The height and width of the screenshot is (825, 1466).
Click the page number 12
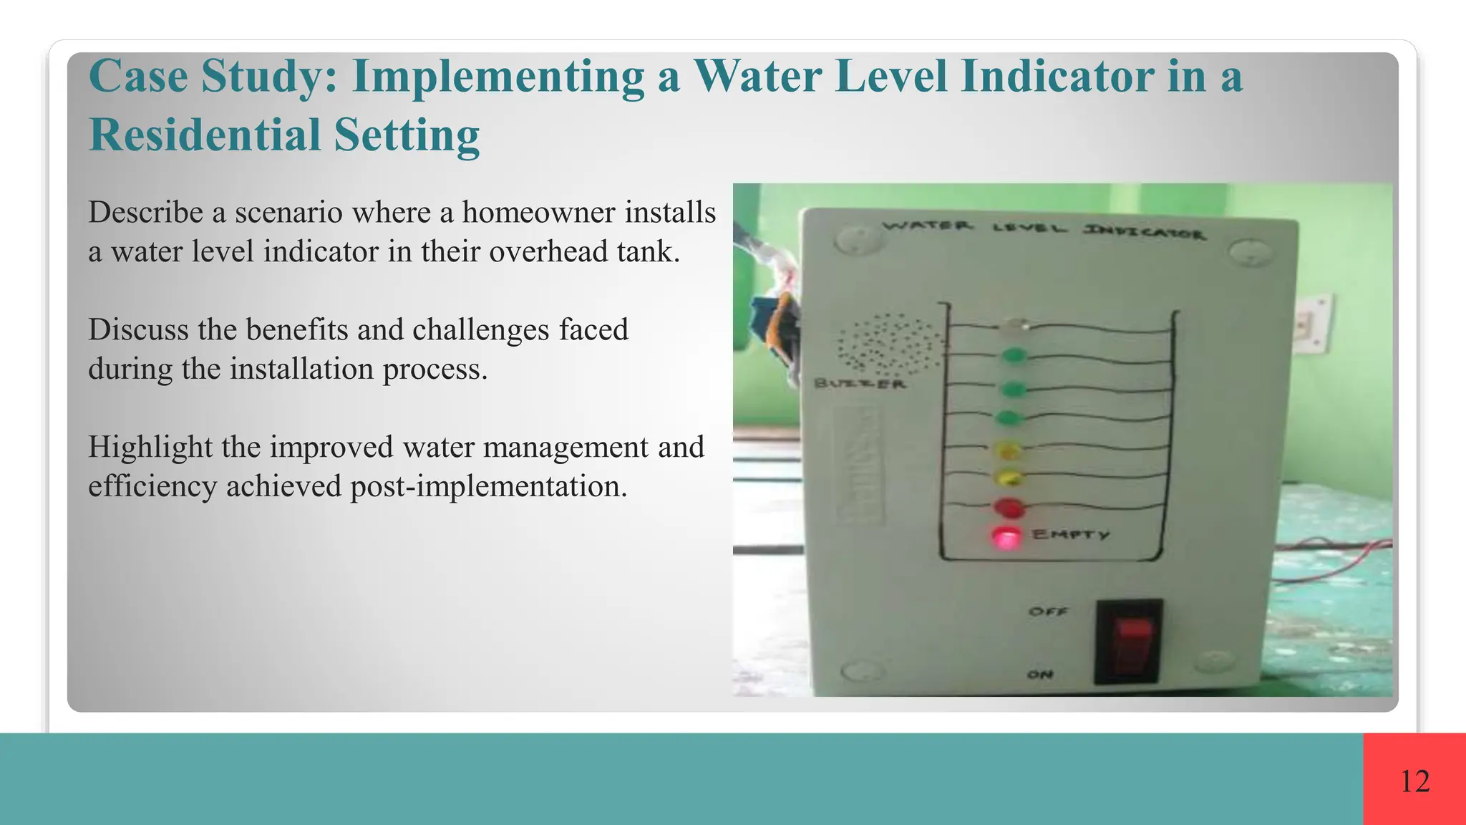coord(1414,781)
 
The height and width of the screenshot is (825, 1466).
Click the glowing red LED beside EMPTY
coord(1006,537)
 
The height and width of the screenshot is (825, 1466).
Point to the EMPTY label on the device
coord(1071,534)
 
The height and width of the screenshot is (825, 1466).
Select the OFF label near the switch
coord(1048,612)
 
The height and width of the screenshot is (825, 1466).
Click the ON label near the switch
coord(1041,675)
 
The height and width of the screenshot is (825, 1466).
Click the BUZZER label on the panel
coord(860,384)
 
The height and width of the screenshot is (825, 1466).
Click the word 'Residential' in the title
coord(205,135)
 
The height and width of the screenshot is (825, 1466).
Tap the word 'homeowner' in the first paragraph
coord(538,213)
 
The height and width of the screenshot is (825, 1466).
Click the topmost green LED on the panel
coord(1014,354)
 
